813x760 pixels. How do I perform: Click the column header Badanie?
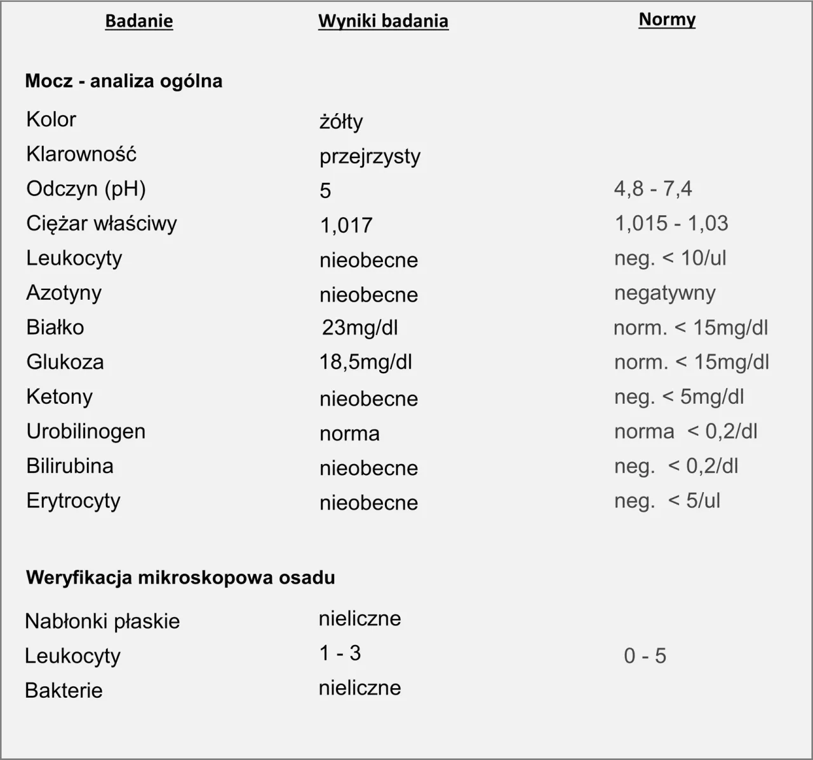click(138, 21)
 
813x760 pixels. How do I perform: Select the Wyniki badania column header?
click(383, 21)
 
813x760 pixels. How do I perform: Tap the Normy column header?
click(667, 20)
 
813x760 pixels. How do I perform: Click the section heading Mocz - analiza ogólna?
click(124, 81)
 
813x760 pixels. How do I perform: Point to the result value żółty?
click(341, 121)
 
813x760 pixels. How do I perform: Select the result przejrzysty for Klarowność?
click(370, 156)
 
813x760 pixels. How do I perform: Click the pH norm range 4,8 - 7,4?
click(653, 189)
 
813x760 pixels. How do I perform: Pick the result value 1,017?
click(346, 225)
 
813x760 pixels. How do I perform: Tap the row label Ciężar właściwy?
click(102, 223)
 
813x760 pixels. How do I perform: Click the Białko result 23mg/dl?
click(359, 328)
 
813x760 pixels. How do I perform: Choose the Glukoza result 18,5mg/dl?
click(366, 362)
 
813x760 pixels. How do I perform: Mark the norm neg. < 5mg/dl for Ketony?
click(679, 397)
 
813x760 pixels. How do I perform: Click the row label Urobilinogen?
click(86, 432)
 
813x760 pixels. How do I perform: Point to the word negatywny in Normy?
click(665, 293)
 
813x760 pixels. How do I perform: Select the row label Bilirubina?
click(70, 466)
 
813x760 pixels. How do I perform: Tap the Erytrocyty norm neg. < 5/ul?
click(667, 501)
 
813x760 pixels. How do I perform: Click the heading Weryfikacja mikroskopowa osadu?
click(180, 578)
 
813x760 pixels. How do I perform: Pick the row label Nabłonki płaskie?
click(102, 621)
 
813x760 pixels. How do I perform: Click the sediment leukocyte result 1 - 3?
click(340, 653)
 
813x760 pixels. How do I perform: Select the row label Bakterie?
click(64, 690)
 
